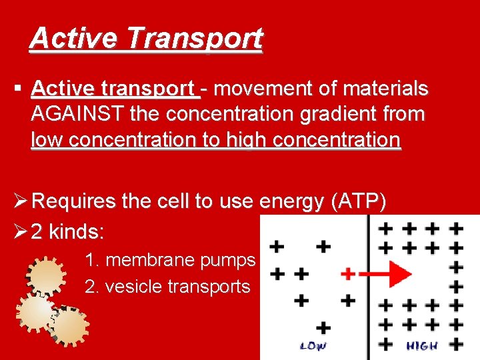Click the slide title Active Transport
[146, 39]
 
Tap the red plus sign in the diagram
[347, 273]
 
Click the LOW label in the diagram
[313, 345]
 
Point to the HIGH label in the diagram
[422, 345]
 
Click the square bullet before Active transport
[18, 89]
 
